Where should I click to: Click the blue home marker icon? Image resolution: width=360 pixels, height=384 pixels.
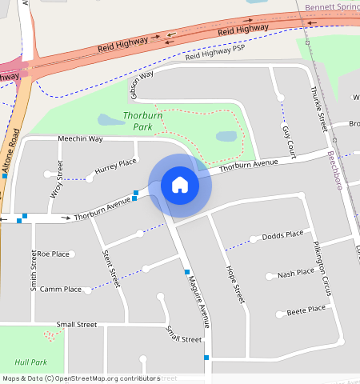180,185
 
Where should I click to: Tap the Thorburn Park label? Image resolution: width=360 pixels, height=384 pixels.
144,122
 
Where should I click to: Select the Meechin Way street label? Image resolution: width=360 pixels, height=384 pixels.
80,139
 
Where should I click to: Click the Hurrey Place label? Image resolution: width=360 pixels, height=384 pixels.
116,166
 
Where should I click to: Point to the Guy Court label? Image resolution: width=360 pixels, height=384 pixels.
288,141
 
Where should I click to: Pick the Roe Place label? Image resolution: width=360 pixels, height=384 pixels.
54,254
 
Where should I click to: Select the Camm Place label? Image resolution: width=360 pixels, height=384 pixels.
61,289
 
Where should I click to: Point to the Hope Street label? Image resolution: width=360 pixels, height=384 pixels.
234,282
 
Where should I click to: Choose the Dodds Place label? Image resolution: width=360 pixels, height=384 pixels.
282,235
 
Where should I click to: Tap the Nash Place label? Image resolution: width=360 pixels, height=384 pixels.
295,274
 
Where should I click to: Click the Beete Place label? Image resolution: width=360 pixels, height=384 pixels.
306,309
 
